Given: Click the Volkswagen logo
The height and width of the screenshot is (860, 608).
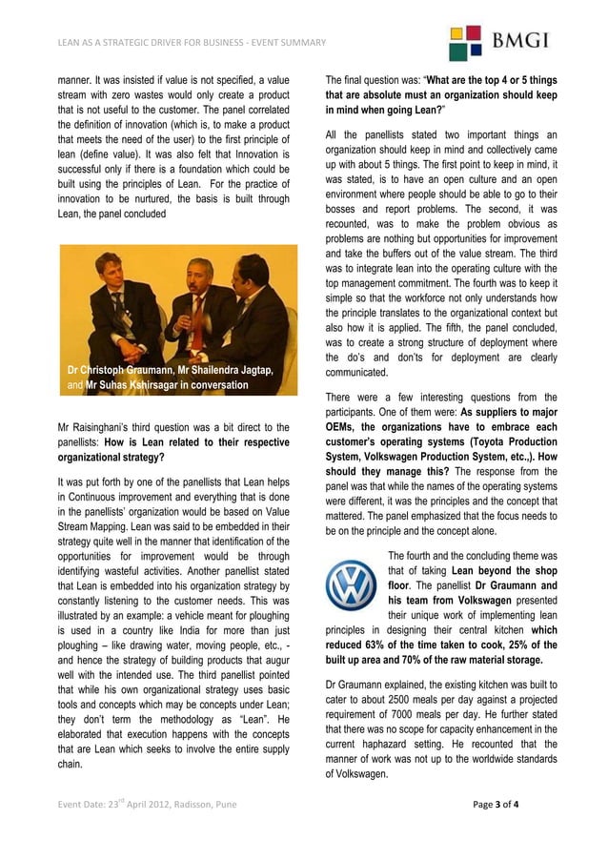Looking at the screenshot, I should point(350,585).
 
